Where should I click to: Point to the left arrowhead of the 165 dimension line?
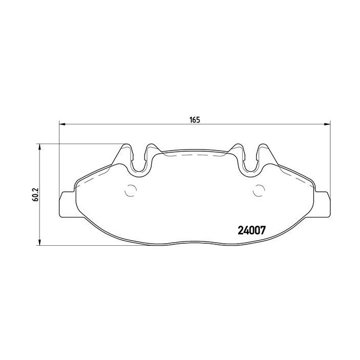(x=63, y=123)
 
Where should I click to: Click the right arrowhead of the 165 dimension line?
(x=326, y=123)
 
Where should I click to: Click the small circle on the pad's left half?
(x=131, y=190)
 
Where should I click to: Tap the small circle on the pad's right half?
(x=259, y=190)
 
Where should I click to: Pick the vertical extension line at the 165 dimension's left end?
(x=60, y=154)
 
